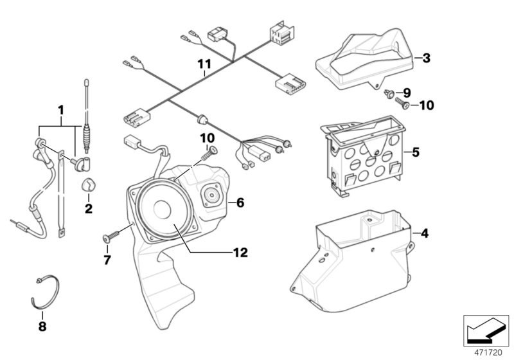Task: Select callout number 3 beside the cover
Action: pyautogui.click(x=426, y=59)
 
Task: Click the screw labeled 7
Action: pyautogui.click(x=107, y=239)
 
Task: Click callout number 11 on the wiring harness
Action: pyautogui.click(x=204, y=64)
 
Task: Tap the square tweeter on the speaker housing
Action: pyautogui.click(x=211, y=194)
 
